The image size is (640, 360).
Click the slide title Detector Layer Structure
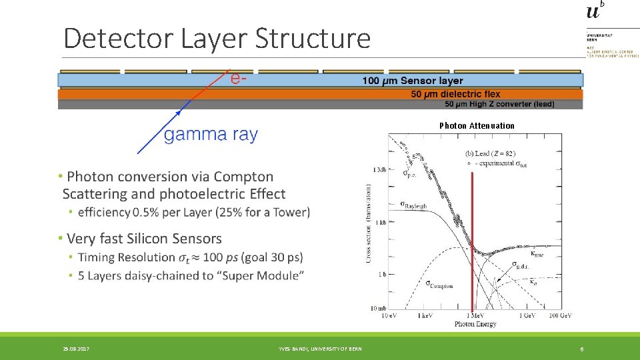pos(217,39)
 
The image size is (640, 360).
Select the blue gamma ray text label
pos(210,135)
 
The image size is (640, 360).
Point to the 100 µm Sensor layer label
pos(412,81)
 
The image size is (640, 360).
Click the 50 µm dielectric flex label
pos(455,94)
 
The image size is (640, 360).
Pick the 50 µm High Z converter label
pos(499,104)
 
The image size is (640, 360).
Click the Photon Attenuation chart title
pos(477,125)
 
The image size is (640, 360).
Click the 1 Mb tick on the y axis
pos(378,169)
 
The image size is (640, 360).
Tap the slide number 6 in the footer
pos(581,349)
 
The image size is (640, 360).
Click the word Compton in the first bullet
pos(243,177)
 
